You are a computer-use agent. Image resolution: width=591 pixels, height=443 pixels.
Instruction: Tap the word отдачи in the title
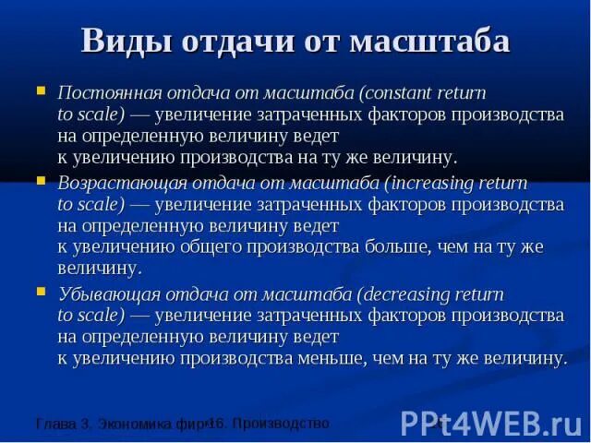243,42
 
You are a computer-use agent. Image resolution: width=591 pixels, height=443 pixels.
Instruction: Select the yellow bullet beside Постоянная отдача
41,92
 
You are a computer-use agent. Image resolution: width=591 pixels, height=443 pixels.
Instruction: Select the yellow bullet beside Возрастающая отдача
41,182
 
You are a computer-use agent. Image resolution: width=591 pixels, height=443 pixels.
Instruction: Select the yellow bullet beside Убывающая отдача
41,292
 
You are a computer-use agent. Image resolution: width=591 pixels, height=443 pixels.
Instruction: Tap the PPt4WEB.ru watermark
490,423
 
